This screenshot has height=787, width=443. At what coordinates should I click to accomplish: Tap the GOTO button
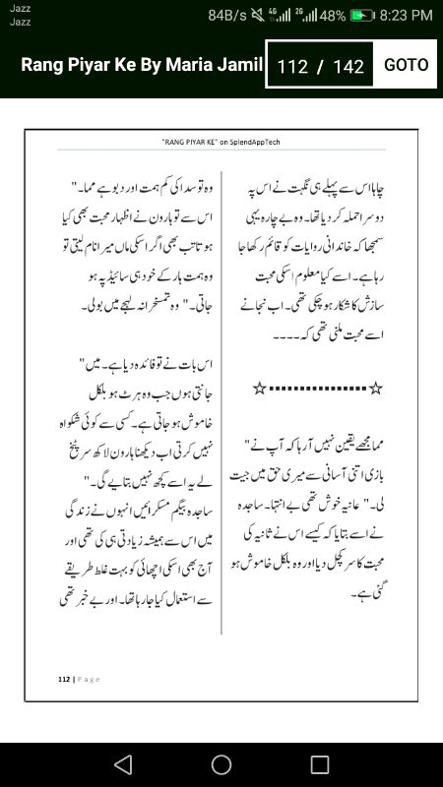pyautogui.click(x=406, y=65)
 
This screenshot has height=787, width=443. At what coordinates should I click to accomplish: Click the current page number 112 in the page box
pyautogui.click(x=293, y=67)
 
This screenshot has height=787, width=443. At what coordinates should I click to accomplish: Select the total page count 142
pyautogui.click(x=348, y=67)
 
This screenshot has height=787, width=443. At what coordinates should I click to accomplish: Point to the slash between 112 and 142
pyautogui.click(x=320, y=67)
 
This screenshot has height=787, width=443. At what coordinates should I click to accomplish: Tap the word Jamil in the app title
pyautogui.click(x=241, y=65)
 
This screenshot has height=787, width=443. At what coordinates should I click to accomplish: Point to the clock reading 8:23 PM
pyautogui.click(x=407, y=16)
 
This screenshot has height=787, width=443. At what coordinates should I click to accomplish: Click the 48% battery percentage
pyautogui.click(x=332, y=16)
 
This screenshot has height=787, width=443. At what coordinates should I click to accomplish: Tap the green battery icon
pyautogui.click(x=363, y=16)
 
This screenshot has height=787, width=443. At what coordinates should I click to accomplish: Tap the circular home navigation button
pyautogui.click(x=221, y=764)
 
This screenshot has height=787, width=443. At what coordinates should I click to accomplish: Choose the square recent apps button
pyautogui.click(x=320, y=764)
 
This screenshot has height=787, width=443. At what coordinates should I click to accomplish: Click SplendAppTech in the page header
pyautogui.click(x=255, y=142)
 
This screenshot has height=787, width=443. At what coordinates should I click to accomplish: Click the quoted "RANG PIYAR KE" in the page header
pyautogui.click(x=187, y=142)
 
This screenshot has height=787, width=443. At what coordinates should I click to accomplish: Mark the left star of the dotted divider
pyautogui.click(x=259, y=390)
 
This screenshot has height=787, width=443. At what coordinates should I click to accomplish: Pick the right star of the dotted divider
pyautogui.click(x=375, y=390)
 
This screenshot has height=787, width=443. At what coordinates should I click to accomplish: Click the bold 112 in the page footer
pyautogui.click(x=63, y=679)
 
